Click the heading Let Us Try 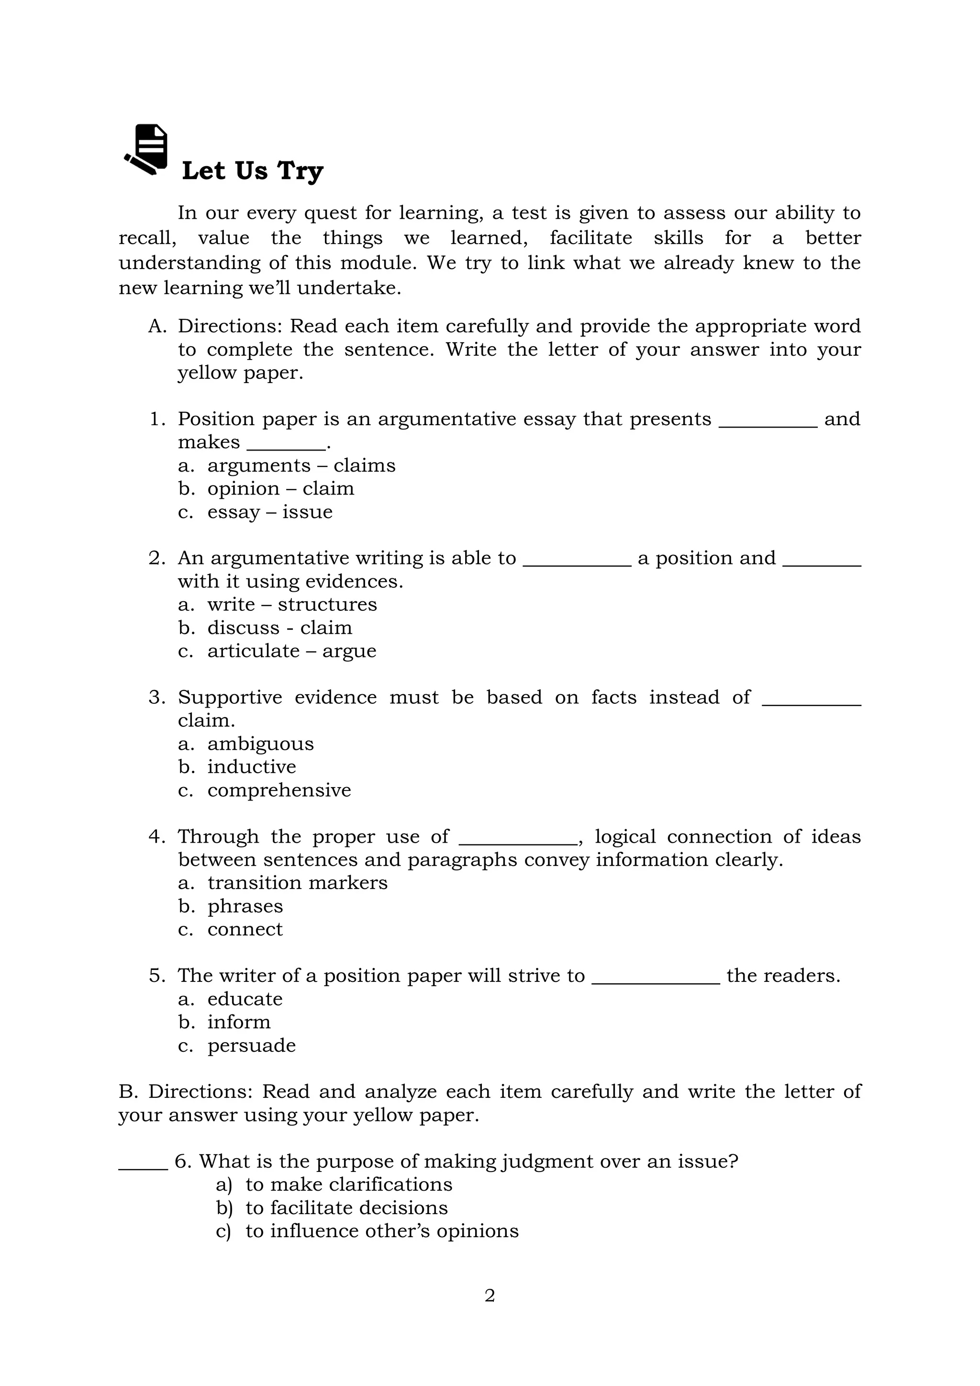(x=252, y=171)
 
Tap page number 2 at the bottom (x=490, y=1296)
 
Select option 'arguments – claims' (x=301, y=465)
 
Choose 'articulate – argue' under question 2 (x=291, y=651)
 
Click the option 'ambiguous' (x=260, y=744)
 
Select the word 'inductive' (x=252, y=766)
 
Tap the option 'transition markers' (x=297, y=882)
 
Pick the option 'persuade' (x=252, y=1045)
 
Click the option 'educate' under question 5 (x=245, y=999)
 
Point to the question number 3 (x=156, y=697)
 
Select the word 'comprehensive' (x=279, y=790)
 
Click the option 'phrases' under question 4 (x=245, y=906)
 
